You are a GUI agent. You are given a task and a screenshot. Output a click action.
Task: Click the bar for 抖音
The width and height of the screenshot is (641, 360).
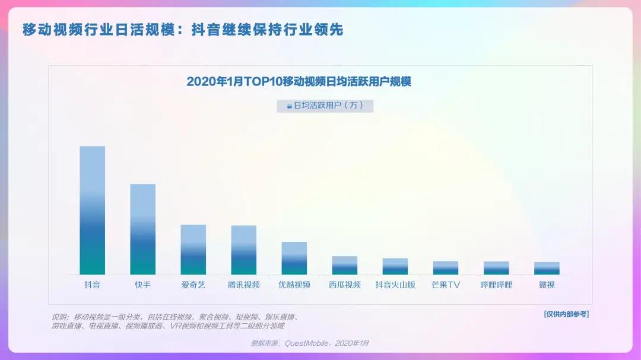click(x=92, y=210)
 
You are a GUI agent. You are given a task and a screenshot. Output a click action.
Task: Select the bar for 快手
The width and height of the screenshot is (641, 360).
click(x=142, y=229)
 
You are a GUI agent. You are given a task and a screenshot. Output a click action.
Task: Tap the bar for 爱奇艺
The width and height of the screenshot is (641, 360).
click(x=193, y=249)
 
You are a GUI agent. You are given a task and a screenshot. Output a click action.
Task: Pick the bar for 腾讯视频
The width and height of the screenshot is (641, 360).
click(x=243, y=250)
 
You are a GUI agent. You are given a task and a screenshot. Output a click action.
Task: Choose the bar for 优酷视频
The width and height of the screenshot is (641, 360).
click(x=294, y=258)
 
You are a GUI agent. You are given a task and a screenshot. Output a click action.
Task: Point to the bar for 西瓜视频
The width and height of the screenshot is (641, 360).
click(x=344, y=265)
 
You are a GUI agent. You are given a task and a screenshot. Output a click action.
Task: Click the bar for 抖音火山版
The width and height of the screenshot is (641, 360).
click(x=395, y=266)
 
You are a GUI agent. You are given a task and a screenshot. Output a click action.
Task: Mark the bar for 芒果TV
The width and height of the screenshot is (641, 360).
click(x=445, y=267)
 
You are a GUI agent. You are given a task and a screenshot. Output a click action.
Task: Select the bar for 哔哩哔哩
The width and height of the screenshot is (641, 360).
click(x=496, y=267)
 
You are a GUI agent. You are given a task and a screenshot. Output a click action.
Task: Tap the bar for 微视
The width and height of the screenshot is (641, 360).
click(x=547, y=268)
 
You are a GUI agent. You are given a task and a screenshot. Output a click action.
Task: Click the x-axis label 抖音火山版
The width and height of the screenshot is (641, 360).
click(x=395, y=285)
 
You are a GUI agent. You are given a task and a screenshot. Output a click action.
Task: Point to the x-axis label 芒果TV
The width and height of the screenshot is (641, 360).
click(x=445, y=285)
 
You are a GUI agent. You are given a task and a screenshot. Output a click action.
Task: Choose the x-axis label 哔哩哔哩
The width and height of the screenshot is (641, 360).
click(x=496, y=285)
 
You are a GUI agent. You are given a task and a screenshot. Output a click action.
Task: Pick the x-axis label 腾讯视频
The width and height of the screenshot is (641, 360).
click(x=243, y=285)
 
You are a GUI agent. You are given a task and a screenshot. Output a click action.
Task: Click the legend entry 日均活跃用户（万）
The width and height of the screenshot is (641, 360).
click(x=325, y=106)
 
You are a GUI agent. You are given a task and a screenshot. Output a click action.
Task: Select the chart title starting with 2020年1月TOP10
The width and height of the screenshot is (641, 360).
click(x=299, y=82)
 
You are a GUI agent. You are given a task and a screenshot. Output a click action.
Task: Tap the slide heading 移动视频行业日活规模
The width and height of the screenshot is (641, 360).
click(x=183, y=30)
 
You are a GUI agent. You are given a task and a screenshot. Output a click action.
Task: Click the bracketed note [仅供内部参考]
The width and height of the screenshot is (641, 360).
click(x=566, y=314)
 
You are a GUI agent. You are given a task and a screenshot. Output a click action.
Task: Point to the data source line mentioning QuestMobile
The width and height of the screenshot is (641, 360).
click(x=310, y=343)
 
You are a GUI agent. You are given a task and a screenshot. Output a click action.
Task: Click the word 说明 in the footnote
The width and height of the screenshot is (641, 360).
click(x=59, y=317)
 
